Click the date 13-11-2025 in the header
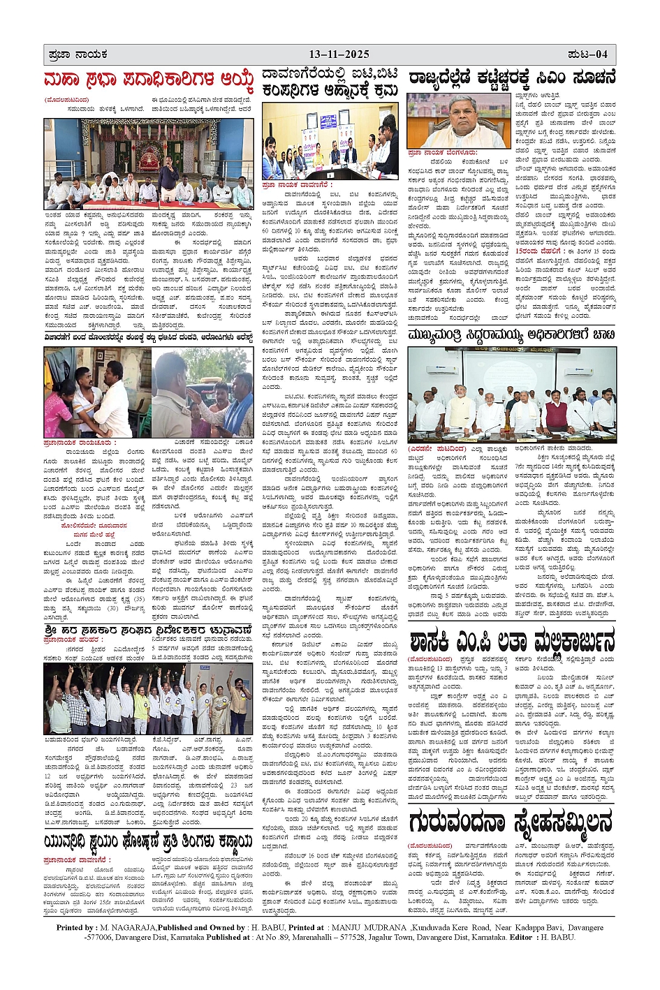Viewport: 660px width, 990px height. tap(339, 54)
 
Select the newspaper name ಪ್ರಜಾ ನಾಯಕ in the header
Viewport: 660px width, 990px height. tap(76, 54)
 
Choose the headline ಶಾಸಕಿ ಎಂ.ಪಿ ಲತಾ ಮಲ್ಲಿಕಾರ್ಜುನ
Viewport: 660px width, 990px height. tap(513, 640)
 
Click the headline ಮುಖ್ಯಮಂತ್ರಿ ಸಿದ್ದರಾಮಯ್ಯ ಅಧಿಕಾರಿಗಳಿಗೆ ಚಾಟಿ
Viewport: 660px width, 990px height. tap(513, 334)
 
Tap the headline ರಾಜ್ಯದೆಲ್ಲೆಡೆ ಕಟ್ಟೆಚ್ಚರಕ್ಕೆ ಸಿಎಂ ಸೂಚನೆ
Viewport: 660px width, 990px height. tap(513, 77)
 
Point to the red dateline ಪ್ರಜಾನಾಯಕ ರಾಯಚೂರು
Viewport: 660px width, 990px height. tap(80, 443)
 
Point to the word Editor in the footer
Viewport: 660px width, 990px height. tap(521, 937)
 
